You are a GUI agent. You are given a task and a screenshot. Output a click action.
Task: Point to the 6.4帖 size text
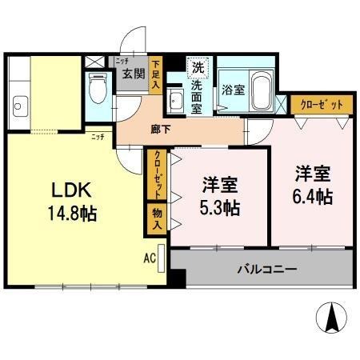[x=313, y=194]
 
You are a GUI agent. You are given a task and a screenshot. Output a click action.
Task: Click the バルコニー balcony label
[x=266, y=269]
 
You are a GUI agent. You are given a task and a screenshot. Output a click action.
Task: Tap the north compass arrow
[x=331, y=319]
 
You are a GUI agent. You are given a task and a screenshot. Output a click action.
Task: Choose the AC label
[x=149, y=258]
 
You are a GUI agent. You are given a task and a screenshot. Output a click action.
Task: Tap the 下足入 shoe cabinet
[x=155, y=74]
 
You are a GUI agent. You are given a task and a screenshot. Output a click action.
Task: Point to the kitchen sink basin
[x=21, y=102]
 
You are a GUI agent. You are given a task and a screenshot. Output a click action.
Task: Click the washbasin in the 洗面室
[x=176, y=102]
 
